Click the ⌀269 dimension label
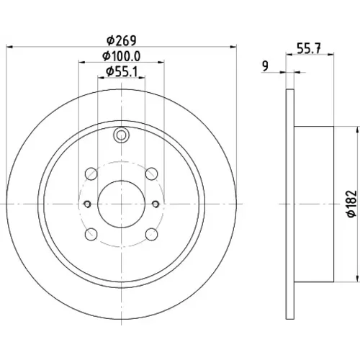[x=122, y=40]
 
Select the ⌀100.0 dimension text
[x=122, y=56]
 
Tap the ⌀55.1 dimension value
[x=122, y=72]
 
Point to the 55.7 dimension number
[x=309, y=49]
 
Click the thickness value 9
[x=265, y=66]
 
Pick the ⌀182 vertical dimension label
[x=352, y=204]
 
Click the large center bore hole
[x=122, y=204]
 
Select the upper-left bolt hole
[x=91, y=174]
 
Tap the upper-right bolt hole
[x=152, y=174]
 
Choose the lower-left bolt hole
[x=91, y=234]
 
